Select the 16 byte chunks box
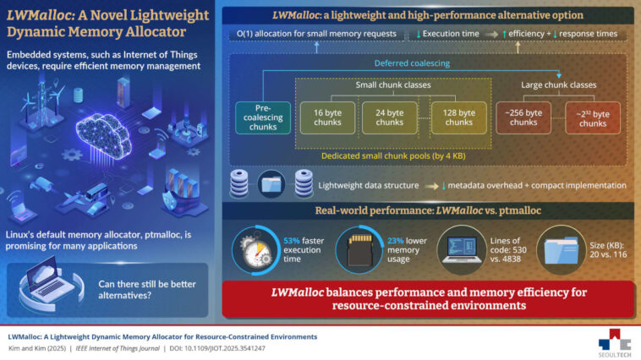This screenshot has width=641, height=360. [x=326, y=117]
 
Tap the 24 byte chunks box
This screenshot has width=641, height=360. [x=389, y=117]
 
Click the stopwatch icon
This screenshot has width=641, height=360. [x=257, y=247]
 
